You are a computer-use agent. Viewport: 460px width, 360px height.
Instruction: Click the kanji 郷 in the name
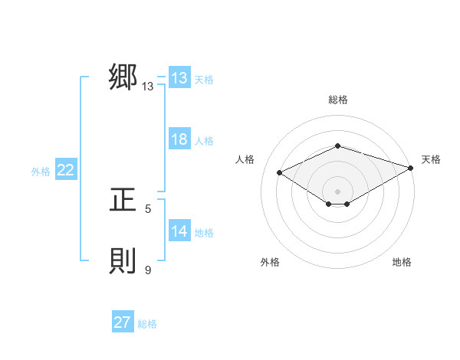click(x=123, y=78)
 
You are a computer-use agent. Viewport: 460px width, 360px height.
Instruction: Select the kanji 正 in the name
click(x=123, y=201)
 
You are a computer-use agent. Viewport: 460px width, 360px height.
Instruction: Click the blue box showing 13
click(x=179, y=79)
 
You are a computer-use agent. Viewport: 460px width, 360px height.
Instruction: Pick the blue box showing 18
click(x=179, y=140)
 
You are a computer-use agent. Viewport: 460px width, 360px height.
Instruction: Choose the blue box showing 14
click(x=179, y=232)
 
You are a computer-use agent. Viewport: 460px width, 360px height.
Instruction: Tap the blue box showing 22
click(x=65, y=171)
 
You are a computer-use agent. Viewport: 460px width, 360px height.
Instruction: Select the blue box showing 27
click(x=122, y=322)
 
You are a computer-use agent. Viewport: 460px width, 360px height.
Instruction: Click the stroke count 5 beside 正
click(x=148, y=208)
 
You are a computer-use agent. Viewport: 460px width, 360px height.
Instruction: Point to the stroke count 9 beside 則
click(x=148, y=270)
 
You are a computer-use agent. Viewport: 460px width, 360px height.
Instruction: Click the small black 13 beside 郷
click(x=148, y=87)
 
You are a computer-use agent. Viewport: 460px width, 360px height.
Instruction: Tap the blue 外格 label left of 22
click(x=41, y=172)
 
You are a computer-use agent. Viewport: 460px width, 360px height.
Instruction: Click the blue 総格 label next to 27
click(x=147, y=324)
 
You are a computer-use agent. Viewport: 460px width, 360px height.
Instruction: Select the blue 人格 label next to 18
click(x=204, y=141)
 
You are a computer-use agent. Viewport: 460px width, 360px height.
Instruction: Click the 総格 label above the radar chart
click(x=337, y=100)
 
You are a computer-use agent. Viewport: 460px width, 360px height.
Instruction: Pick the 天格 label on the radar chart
click(x=431, y=159)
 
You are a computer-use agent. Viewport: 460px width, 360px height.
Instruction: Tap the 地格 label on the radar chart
click(x=402, y=262)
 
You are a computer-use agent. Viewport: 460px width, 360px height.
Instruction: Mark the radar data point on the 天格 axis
click(x=411, y=166)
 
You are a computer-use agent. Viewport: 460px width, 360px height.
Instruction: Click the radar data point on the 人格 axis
click(x=280, y=172)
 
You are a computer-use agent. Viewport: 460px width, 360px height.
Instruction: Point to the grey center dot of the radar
click(x=337, y=191)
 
